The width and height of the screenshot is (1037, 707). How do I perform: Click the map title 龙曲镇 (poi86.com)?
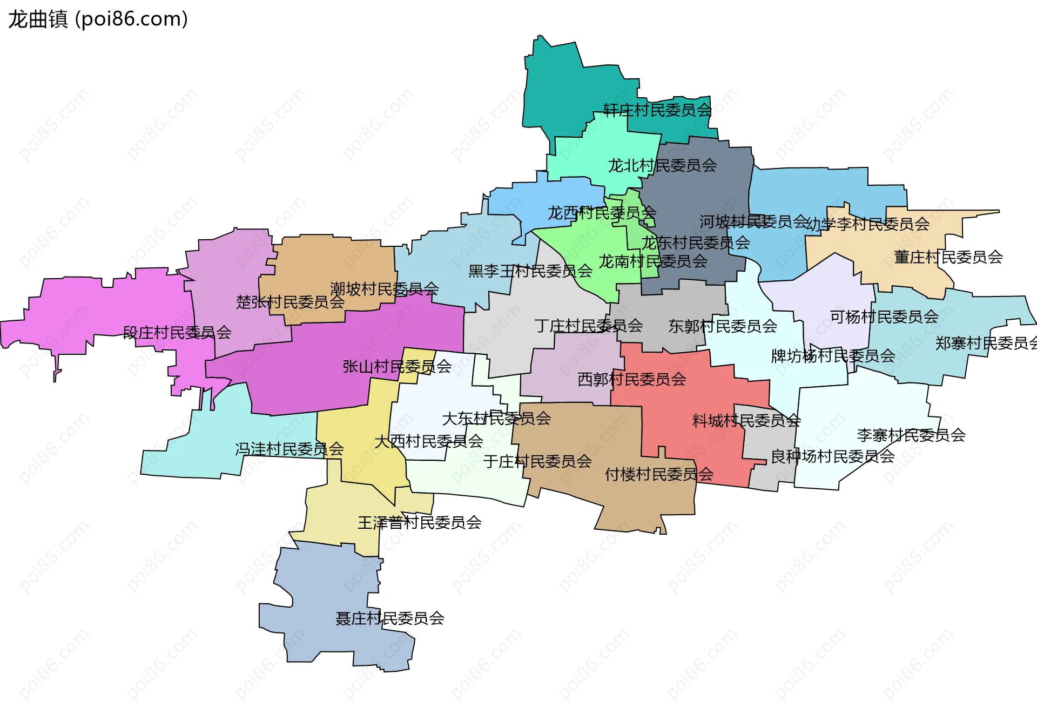tap(98, 19)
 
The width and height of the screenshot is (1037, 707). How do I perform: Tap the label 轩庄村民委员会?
tap(657, 110)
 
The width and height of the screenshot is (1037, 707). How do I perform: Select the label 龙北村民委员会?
tap(662, 165)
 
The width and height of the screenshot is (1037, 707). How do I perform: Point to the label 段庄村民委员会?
tap(177, 332)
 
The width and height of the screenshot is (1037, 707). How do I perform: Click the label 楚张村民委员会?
tap(290, 302)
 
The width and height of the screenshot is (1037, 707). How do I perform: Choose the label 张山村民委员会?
tap(397, 367)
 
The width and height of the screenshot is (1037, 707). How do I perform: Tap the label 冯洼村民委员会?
tap(289, 449)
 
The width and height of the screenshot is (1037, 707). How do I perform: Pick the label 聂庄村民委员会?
tap(390, 618)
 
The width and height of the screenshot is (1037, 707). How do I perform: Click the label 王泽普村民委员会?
tap(419, 522)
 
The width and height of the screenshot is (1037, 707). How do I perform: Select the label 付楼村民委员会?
tap(659, 474)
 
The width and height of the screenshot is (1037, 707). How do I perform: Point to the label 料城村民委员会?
tap(746, 420)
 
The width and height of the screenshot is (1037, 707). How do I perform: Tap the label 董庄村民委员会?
tap(948, 257)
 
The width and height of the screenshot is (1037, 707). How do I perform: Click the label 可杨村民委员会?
tap(884, 317)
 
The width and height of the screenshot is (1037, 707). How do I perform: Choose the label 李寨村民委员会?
tap(911, 435)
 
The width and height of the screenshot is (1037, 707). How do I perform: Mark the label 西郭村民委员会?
tap(631, 379)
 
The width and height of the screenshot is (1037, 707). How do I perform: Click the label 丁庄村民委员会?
tap(588, 325)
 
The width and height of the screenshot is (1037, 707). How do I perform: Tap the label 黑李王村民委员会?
tap(530, 271)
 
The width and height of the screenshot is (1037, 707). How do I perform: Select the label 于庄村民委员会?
tap(537, 461)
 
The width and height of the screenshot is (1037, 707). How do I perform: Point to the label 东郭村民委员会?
tap(723, 326)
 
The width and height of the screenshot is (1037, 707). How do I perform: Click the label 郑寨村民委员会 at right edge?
tap(986, 343)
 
